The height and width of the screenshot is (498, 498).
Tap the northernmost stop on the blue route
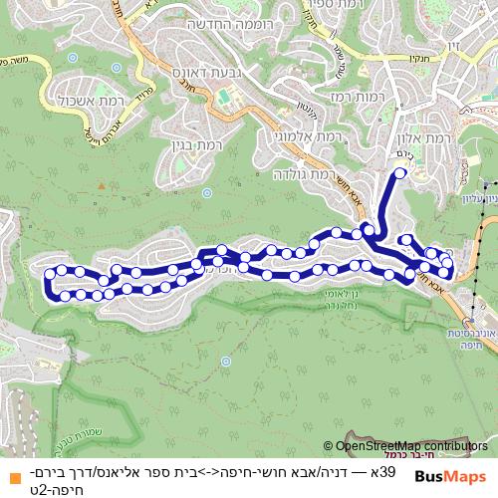click(400, 173)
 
